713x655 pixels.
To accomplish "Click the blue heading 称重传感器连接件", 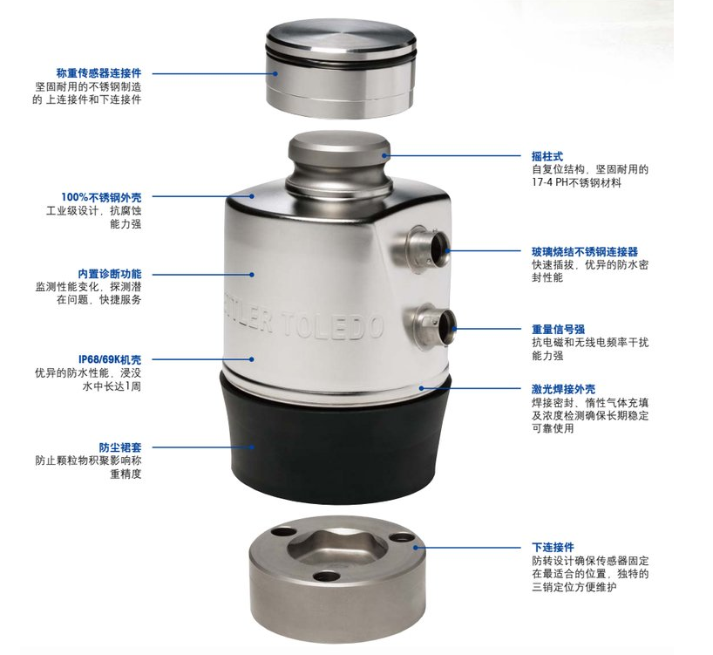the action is point(98,72).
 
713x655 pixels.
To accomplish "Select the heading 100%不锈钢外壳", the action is point(101,197).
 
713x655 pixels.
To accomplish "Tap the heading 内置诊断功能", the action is point(110,274).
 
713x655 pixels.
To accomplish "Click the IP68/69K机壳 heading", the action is point(110,360).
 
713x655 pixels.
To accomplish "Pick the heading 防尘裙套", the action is point(120,447).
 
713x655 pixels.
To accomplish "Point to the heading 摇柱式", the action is point(547,156).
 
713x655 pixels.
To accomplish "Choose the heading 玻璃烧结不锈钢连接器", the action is point(585,252).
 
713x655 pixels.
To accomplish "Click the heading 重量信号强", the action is point(559,330).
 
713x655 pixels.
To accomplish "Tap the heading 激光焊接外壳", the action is point(563,389).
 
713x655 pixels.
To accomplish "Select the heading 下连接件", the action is point(553,547).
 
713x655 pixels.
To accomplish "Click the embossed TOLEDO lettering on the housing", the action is point(333,324).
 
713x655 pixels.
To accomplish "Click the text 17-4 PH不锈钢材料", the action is point(576,183).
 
